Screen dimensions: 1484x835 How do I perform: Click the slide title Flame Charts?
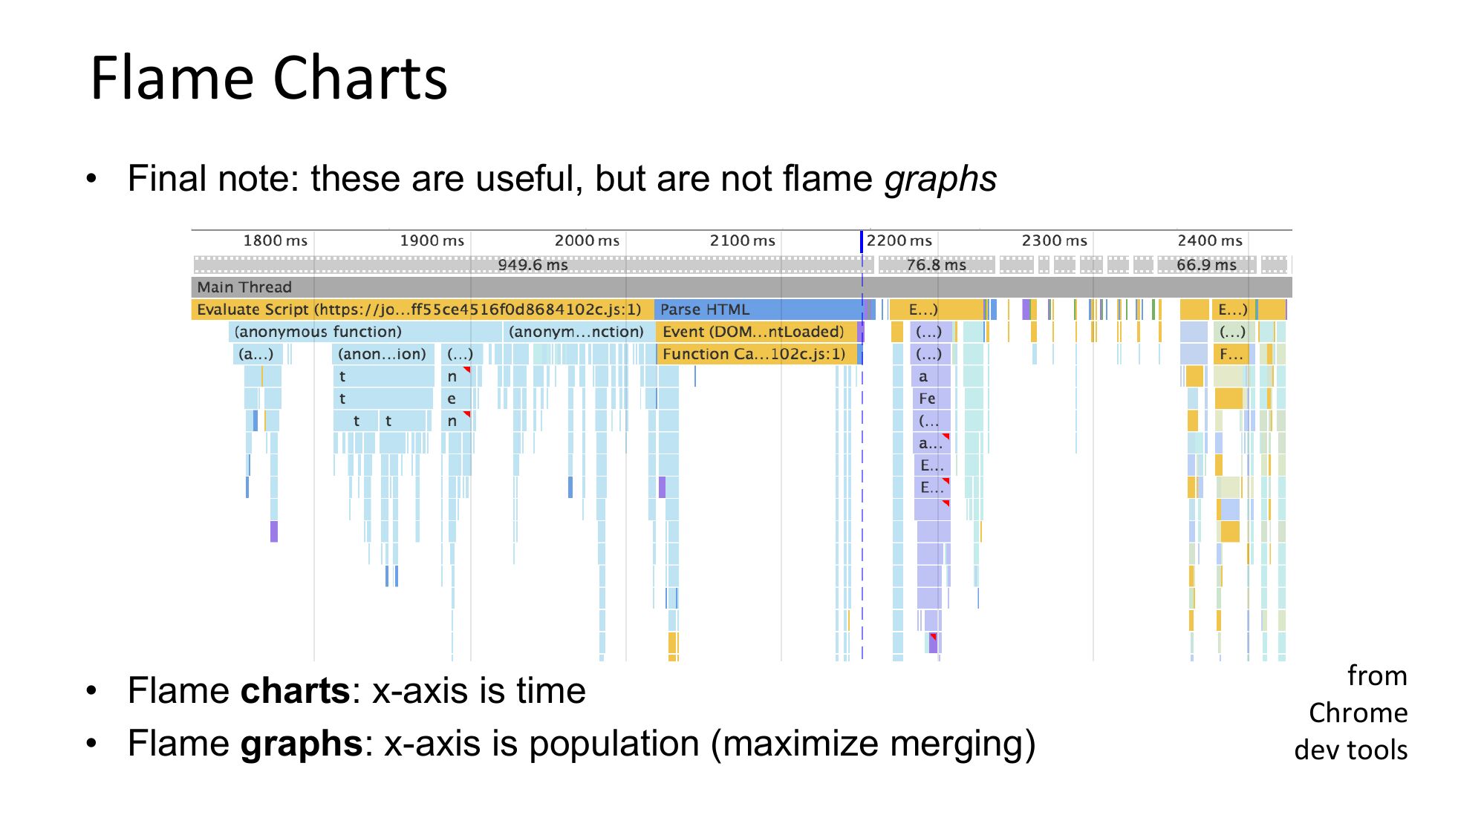[269, 78]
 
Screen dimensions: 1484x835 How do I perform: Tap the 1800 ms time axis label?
[275, 240]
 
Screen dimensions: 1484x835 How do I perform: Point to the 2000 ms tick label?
[587, 240]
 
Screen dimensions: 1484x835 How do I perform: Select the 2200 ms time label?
[899, 240]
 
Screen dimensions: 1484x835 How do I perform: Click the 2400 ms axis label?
[1210, 240]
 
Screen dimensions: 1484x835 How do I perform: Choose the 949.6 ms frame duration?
[533, 265]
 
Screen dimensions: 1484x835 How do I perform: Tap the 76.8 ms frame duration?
[936, 265]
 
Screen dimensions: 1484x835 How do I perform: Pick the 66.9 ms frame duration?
[1206, 265]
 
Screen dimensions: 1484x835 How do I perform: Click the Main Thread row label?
[244, 287]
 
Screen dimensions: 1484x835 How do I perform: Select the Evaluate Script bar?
[423, 310]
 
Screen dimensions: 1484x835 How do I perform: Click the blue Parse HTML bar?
[758, 310]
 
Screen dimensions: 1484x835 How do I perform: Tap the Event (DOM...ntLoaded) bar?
[756, 332]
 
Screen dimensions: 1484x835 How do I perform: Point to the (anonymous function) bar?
[365, 332]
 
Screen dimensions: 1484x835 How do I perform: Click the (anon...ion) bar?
[383, 354]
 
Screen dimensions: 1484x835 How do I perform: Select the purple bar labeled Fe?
[931, 399]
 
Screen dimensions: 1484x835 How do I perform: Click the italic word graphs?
[940, 180]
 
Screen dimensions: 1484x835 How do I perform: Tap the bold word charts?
[295, 691]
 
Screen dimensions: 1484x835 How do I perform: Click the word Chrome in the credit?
[1358, 713]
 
